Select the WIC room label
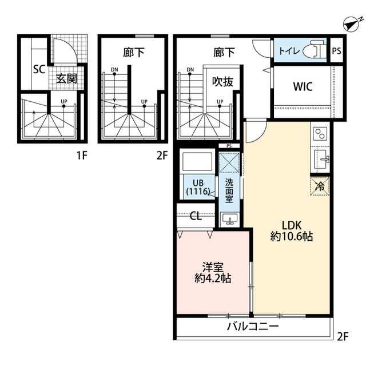[x=303, y=86]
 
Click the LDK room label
[x=292, y=225]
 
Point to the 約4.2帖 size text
[x=213, y=279]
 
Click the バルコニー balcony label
[x=253, y=326]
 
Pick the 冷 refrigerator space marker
[x=320, y=186]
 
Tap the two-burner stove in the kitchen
[x=320, y=134]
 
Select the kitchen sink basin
[x=321, y=160]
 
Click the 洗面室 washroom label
[x=229, y=190]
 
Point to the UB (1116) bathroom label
[x=198, y=187]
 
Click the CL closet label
[x=196, y=216]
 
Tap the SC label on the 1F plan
[x=39, y=69]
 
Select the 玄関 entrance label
[x=66, y=78]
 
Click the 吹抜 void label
[x=222, y=82]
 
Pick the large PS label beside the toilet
[x=336, y=51]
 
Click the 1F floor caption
[x=82, y=155]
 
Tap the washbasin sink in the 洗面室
[x=230, y=219]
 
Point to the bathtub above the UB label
[x=197, y=161]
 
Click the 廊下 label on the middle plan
[x=133, y=53]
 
